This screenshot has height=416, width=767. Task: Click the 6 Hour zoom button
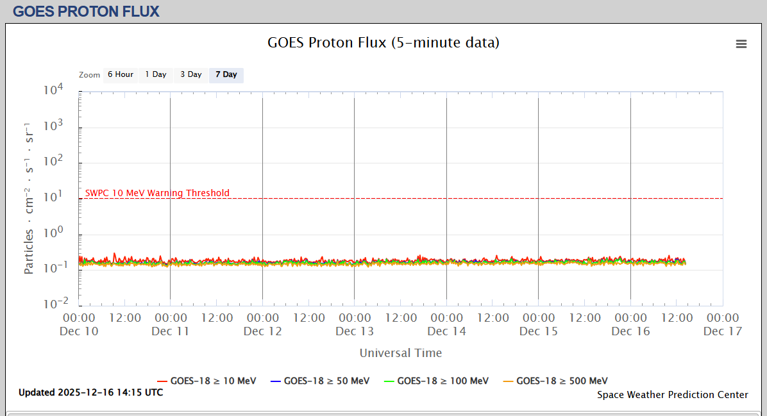tap(120, 74)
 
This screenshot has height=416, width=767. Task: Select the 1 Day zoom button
tap(155, 74)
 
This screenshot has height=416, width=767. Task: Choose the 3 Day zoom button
tap(190, 74)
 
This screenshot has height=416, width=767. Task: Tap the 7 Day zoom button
tap(226, 74)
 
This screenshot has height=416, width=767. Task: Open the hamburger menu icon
tap(741, 44)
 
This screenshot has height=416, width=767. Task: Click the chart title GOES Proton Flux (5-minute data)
tap(383, 43)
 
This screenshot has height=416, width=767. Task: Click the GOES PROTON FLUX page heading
tap(86, 11)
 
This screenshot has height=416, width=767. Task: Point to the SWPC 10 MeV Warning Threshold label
tap(157, 193)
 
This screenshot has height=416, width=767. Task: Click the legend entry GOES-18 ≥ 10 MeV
tap(206, 381)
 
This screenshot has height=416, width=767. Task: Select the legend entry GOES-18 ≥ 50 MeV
tap(320, 381)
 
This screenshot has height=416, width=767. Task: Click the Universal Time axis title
tap(400, 353)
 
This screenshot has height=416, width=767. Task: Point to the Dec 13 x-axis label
tap(355, 331)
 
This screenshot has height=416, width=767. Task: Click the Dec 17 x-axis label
tap(722, 331)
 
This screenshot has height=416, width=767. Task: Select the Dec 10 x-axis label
tap(79, 331)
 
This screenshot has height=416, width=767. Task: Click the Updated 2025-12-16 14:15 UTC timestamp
tap(90, 392)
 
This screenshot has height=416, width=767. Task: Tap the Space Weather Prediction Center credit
tap(672, 395)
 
